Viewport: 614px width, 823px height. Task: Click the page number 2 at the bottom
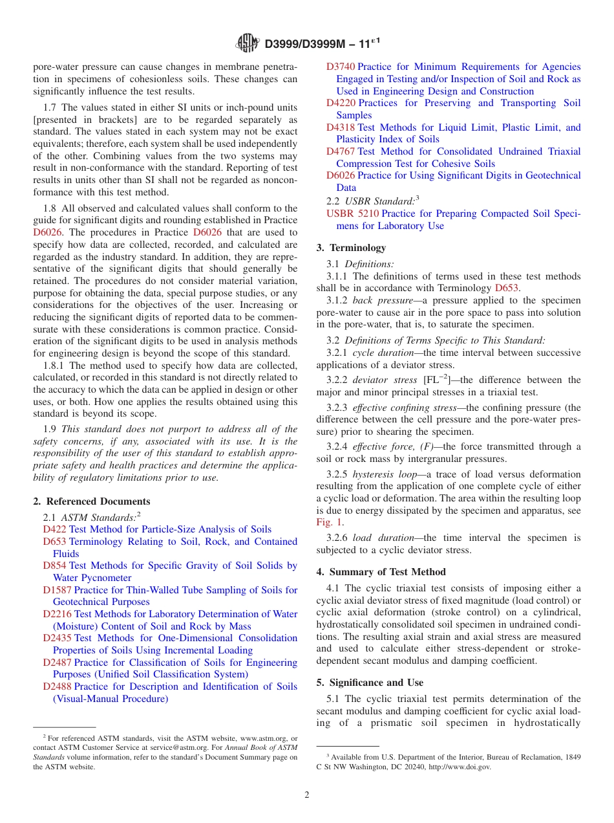tap(307, 795)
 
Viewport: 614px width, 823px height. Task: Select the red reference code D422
tap(55, 529)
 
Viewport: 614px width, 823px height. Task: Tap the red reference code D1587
tap(58, 590)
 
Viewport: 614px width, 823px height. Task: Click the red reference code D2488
tap(58, 686)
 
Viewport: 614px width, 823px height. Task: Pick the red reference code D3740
tap(341, 67)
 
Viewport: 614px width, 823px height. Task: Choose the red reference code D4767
tap(341, 151)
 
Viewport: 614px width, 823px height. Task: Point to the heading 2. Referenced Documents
tap(92, 501)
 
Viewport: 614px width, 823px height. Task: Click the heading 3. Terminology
tap(351, 248)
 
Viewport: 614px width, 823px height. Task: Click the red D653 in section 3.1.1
tap(507, 289)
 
